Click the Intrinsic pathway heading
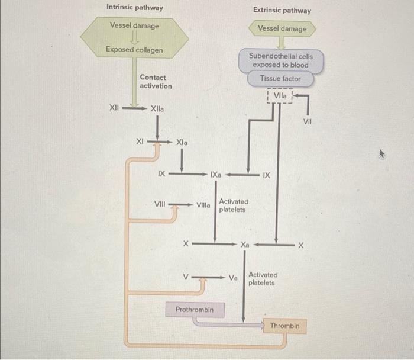point(134,8)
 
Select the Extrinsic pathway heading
point(282,10)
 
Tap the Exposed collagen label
point(134,49)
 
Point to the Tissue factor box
point(280,79)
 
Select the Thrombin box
point(284,326)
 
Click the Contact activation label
point(156,82)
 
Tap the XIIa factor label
point(159,109)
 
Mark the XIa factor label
point(182,142)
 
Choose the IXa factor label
point(216,175)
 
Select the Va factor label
point(233,277)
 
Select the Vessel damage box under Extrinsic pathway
point(282,28)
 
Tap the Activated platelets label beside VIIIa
point(234,205)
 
